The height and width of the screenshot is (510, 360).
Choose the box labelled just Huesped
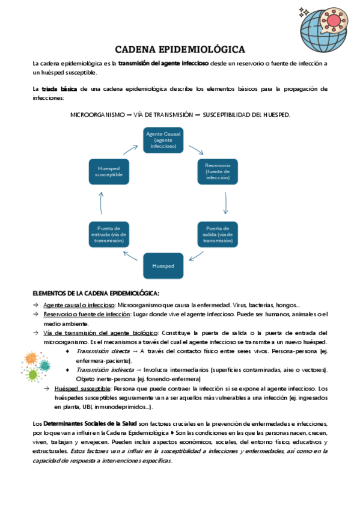coord(163,265)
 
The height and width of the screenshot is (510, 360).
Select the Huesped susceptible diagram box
coord(109,172)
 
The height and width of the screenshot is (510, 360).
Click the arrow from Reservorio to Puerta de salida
coord(225,203)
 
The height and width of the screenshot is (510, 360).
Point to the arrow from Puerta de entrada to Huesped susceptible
coord(102,203)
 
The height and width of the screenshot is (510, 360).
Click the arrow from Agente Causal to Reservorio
coord(196,148)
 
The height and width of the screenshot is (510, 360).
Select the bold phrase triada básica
coord(59,89)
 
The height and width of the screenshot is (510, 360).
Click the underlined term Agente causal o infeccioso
coord(75,306)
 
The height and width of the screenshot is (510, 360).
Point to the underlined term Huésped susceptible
coord(78,389)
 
